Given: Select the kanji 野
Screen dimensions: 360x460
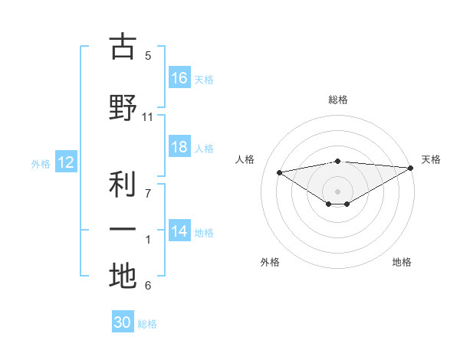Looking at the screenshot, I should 122,107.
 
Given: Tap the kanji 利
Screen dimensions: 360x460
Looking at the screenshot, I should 122,184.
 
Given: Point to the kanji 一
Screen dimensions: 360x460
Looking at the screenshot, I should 122,229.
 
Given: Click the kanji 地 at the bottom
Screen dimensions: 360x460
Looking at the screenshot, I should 122,276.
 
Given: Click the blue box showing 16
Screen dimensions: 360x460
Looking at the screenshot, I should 179,78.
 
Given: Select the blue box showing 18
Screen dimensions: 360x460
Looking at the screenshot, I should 179,147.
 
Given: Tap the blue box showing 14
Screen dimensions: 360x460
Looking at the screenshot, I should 179,231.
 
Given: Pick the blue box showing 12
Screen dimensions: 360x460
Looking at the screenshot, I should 66,162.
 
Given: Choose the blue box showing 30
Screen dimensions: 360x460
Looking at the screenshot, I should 123,322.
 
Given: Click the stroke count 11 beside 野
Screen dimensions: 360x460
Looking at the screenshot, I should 148,117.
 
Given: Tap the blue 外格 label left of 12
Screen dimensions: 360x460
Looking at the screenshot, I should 41,163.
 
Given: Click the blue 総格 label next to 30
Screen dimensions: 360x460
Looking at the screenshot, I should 147,324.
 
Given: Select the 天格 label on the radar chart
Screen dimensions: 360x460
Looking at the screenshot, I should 431,159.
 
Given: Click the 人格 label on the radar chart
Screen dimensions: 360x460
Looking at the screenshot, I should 245,159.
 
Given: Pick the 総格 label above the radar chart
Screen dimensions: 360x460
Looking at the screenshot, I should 337,100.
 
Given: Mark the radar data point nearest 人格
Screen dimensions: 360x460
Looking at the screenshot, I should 280,172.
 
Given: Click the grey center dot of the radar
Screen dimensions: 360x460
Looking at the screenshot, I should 337,191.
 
